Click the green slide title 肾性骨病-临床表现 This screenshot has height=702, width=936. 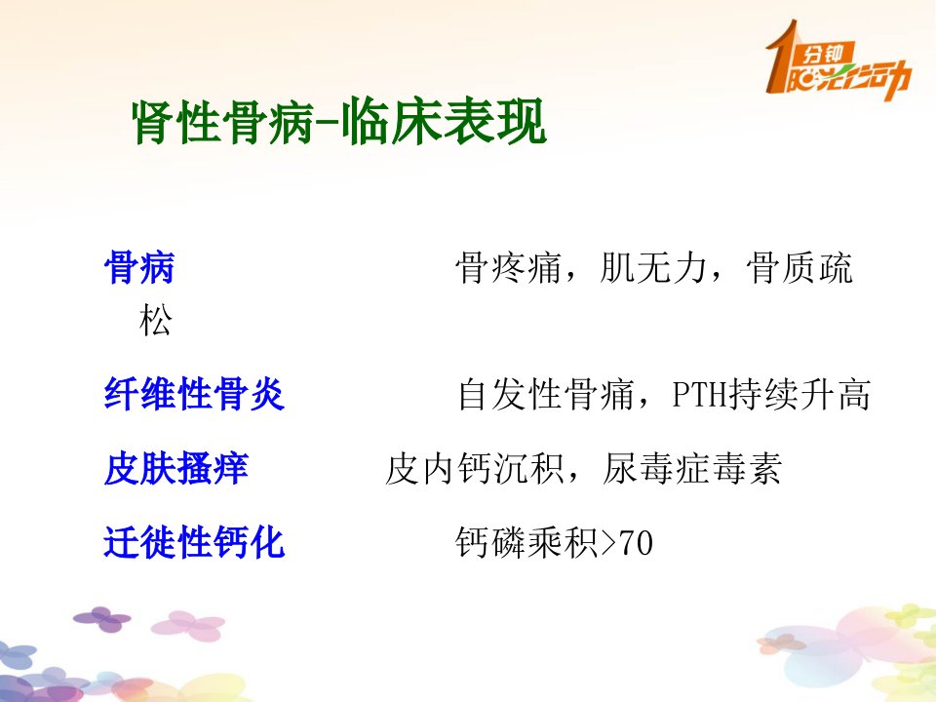point(339,122)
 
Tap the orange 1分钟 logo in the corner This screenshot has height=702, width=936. point(838,61)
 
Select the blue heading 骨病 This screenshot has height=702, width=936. point(139,267)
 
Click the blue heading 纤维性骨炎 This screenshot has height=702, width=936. point(194,393)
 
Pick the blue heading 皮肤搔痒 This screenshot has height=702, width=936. point(176,468)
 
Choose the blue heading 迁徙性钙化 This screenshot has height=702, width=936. point(194,542)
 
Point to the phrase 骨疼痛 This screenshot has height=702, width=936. point(508,267)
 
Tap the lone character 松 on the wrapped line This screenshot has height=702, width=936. point(156,320)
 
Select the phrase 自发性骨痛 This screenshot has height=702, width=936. point(545,394)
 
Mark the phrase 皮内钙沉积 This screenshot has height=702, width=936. point(475,469)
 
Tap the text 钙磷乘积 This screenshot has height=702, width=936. point(526,543)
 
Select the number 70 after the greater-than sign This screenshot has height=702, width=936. point(637,543)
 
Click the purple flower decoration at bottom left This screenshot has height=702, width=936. point(102,619)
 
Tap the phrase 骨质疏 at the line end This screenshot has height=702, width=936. point(799,267)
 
